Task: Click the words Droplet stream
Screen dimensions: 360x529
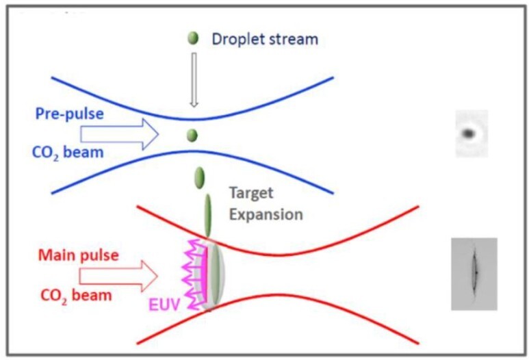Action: (x=265, y=39)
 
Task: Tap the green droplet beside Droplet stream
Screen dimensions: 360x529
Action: (x=193, y=38)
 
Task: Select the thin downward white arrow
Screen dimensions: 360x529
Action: (x=194, y=81)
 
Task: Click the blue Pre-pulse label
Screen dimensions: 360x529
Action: (x=69, y=113)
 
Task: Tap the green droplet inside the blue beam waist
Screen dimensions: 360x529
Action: (x=192, y=135)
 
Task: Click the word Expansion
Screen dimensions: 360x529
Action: (x=266, y=214)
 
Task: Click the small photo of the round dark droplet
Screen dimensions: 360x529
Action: (x=472, y=133)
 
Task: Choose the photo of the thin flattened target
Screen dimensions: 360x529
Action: (x=474, y=274)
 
